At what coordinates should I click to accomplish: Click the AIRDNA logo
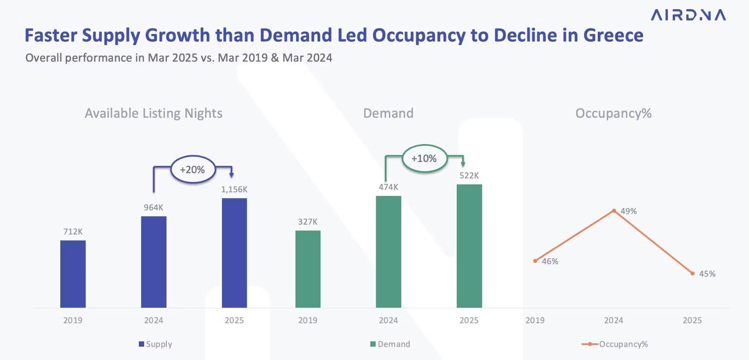(688, 15)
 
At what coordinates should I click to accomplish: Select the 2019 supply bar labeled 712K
(73, 274)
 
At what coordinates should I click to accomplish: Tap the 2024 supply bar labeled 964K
(154, 262)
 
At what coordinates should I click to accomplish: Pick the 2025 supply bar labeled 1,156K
(234, 253)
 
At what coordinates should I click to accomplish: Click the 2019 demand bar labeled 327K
(308, 269)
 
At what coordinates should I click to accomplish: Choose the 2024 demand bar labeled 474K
(388, 251)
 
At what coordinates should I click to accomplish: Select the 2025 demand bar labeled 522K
(469, 246)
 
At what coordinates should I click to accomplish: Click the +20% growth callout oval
(193, 170)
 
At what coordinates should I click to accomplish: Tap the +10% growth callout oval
(424, 158)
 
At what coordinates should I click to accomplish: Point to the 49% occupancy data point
(614, 211)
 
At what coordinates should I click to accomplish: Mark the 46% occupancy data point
(535, 261)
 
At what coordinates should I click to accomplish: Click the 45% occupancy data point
(692, 273)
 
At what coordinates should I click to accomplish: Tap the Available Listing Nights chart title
(154, 113)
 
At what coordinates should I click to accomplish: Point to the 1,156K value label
(234, 190)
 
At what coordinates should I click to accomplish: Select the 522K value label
(469, 176)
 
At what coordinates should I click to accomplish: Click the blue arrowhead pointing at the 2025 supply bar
(232, 175)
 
